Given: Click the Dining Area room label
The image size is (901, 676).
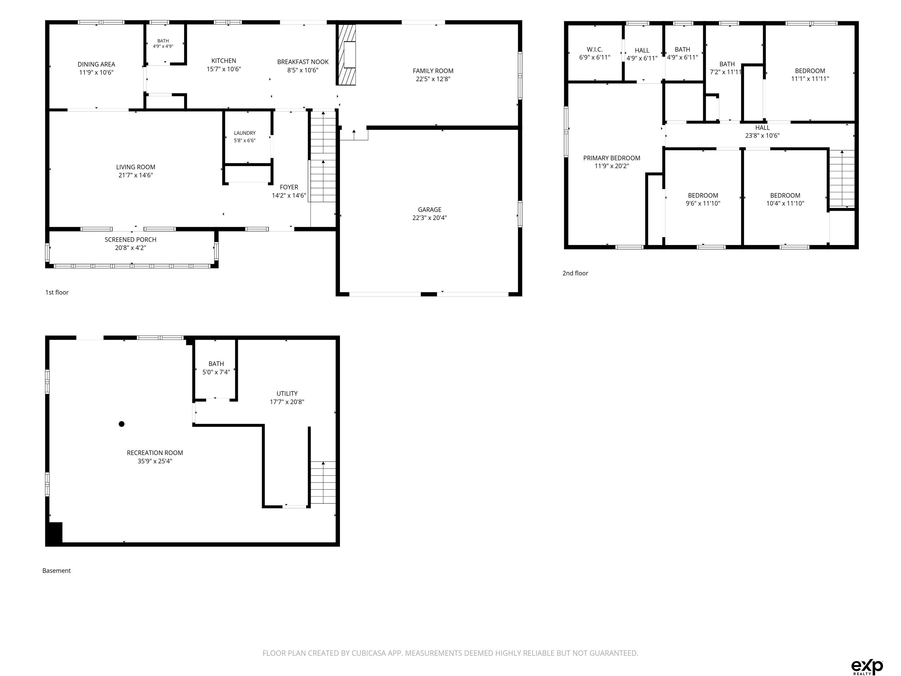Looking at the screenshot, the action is (96, 64).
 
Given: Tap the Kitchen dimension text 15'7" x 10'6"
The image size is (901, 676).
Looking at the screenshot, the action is (223, 69).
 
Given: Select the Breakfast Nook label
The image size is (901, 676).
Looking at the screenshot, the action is (303, 62).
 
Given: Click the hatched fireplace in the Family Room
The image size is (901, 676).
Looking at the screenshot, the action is (346, 55).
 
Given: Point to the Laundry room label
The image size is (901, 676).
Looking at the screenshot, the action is (245, 133).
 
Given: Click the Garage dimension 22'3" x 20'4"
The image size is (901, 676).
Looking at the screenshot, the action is (429, 218).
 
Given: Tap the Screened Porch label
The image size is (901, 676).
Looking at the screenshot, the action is (130, 240).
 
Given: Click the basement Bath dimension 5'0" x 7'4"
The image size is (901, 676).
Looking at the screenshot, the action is (216, 372).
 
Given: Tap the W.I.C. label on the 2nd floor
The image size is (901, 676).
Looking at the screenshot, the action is (595, 50).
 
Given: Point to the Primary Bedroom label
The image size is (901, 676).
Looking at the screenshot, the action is (612, 158).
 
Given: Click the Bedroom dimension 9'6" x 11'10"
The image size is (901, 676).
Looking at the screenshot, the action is (703, 204).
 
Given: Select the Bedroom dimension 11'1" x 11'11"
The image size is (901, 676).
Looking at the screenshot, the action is (810, 79).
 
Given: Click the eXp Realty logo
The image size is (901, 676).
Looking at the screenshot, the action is (867, 667).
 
